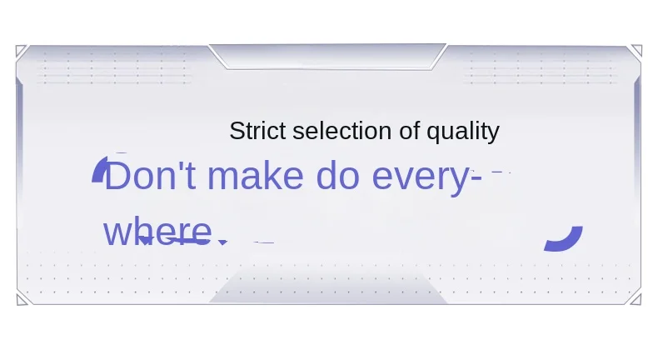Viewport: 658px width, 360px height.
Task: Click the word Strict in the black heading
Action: pyautogui.click(x=257, y=131)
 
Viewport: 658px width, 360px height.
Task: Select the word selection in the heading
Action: pyautogui.click(x=342, y=131)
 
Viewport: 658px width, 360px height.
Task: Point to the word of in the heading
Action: pyautogui.click(x=409, y=131)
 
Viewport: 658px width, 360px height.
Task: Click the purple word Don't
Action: pyautogui.click(x=150, y=176)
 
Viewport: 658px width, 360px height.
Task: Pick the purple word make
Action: pyautogui.click(x=256, y=176)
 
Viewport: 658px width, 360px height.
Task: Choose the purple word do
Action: pyautogui.click(x=338, y=176)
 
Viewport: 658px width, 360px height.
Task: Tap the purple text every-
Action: pyautogui.click(x=426, y=179)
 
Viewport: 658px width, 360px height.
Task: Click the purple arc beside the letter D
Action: pyautogui.click(x=98, y=169)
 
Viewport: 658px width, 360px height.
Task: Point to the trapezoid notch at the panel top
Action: pyautogui.click(x=327, y=57)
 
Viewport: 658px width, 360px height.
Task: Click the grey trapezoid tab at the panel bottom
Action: pyautogui.click(x=328, y=287)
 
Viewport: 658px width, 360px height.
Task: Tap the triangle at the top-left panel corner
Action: pyautogui.click(x=20, y=50)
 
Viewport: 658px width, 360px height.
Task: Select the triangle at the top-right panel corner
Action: pyautogui.click(x=637, y=50)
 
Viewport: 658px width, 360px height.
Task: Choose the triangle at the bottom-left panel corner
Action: pyautogui.click(x=21, y=300)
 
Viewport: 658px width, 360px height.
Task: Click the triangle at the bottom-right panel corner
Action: pyautogui.click(x=636, y=299)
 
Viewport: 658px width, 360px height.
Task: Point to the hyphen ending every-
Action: pyautogui.click(x=476, y=179)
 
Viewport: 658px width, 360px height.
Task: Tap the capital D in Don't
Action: pyautogui.click(x=117, y=176)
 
